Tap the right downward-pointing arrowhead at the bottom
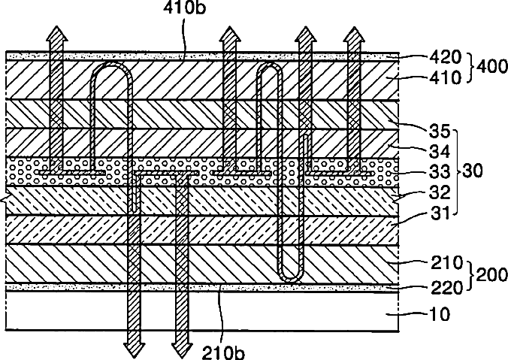(x=181, y=348)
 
